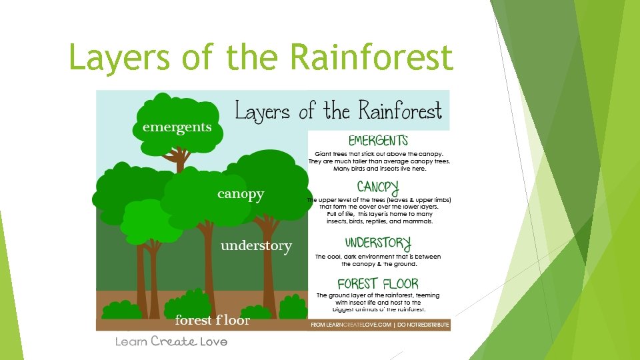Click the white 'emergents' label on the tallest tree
click(177, 127)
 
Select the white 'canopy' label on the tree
click(241, 194)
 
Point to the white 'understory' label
click(256, 246)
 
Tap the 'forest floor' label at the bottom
click(212, 320)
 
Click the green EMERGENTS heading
click(378, 141)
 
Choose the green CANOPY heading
click(378, 186)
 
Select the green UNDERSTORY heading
click(378, 243)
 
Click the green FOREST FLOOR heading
click(378, 283)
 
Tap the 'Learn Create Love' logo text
click(171, 341)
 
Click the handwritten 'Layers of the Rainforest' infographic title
click(339, 111)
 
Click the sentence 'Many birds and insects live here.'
click(379, 169)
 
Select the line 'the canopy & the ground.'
click(379, 264)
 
